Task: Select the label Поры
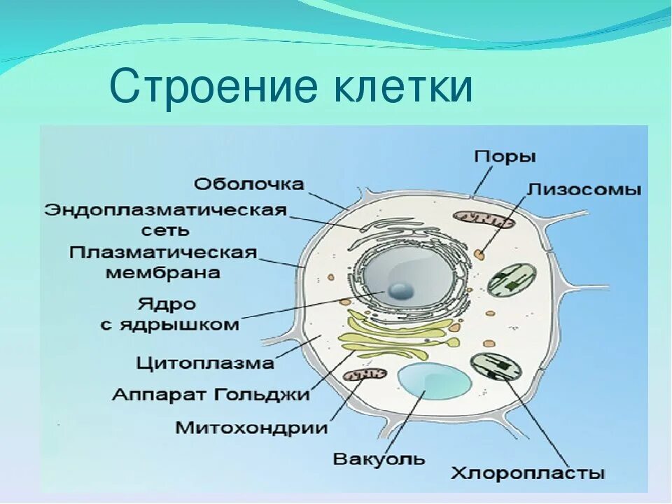505,156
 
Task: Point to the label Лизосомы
584,189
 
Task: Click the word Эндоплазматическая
166,210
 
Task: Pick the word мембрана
163,272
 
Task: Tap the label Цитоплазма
205,363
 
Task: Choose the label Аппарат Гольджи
211,394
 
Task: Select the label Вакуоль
379,459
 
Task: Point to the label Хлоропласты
528,473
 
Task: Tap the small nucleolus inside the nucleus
401,290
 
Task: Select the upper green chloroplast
512,278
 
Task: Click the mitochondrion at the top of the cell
482,220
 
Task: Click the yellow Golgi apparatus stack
395,335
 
